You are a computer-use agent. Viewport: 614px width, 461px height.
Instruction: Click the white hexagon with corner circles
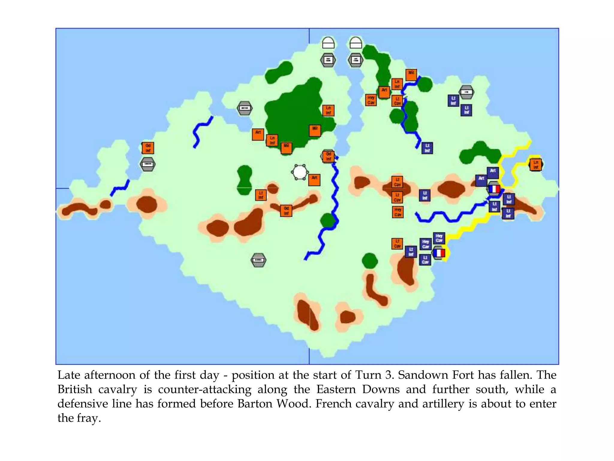pos(300,172)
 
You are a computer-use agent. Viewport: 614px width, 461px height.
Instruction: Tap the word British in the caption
pos(75,389)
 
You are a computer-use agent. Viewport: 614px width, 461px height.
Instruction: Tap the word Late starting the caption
pos(69,375)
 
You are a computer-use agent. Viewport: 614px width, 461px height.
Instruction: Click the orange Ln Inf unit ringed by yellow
pos(535,165)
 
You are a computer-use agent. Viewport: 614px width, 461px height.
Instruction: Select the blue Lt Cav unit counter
pos(425,260)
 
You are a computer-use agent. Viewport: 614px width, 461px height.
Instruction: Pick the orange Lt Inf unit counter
pos(261,195)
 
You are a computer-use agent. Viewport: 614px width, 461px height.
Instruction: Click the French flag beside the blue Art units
pos(494,189)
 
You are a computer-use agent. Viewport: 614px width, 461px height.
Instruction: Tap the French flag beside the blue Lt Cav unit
pos(439,253)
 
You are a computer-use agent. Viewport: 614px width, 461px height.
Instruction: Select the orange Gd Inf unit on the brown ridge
pos(286,211)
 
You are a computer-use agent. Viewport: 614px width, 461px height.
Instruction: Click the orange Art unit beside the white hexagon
pos(314,180)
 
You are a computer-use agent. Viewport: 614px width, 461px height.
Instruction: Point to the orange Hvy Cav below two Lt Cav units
pos(398,212)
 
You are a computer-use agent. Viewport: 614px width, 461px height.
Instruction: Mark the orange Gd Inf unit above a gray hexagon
pos(148,148)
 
